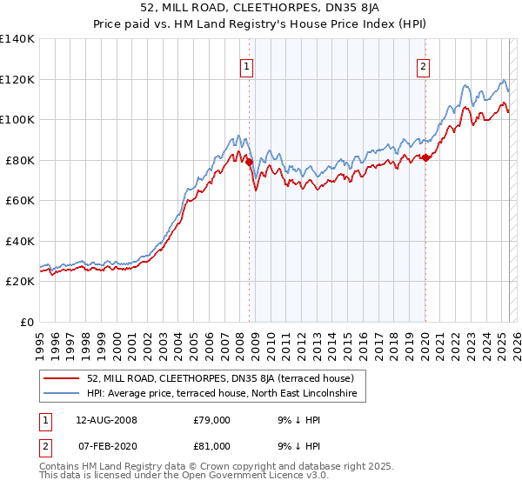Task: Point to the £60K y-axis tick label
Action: (20, 200)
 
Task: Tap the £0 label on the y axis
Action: (29, 322)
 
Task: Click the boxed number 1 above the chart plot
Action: (247, 66)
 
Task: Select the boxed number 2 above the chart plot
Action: (424, 66)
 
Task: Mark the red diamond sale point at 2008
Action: (249, 162)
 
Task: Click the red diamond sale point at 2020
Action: (425, 157)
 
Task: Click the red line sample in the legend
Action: (63, 378)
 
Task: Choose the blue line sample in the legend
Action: (63, 394)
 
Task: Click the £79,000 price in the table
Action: (211, 420)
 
